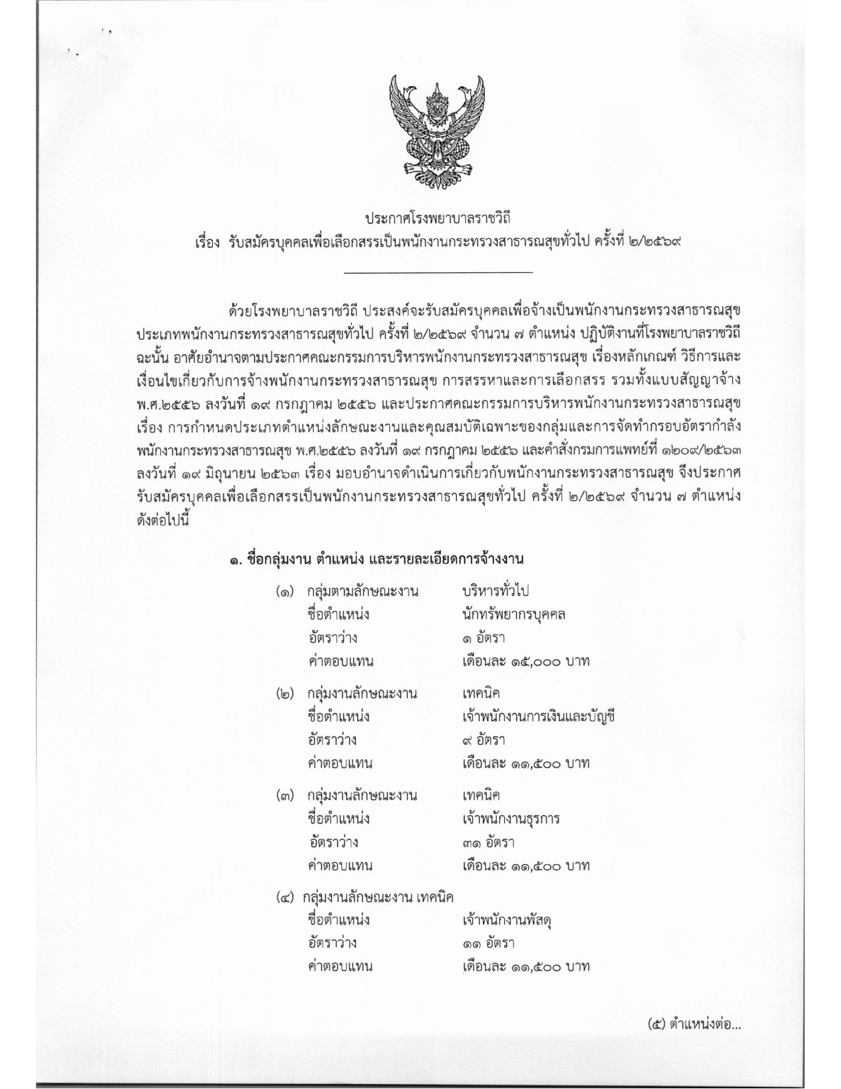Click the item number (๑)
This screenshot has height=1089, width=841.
(284, 592)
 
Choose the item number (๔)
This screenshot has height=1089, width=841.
(285, 898)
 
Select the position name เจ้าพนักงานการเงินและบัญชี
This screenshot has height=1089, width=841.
(539, 717)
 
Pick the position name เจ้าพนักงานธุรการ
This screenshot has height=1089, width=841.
(511, 819)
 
